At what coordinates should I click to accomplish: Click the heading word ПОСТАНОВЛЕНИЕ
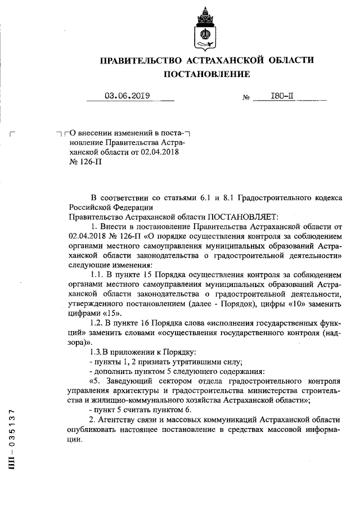point(206,74)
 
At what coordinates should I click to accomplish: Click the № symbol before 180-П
point(246,97)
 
